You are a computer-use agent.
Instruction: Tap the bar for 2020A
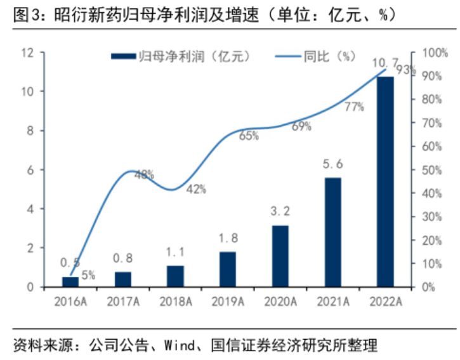(280, 256)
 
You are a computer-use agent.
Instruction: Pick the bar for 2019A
(228, 269)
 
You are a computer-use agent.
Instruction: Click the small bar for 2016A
(70, 281)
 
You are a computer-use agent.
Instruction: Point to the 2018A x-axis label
(175, 301)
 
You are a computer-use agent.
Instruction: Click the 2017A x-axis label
(122, 301)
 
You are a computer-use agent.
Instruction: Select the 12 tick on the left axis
(26, 53)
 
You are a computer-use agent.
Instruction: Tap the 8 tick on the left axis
(29, 131)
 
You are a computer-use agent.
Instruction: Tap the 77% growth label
(354, 107)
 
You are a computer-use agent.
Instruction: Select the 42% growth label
(196, 188)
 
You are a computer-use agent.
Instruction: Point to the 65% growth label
(249, 135)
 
